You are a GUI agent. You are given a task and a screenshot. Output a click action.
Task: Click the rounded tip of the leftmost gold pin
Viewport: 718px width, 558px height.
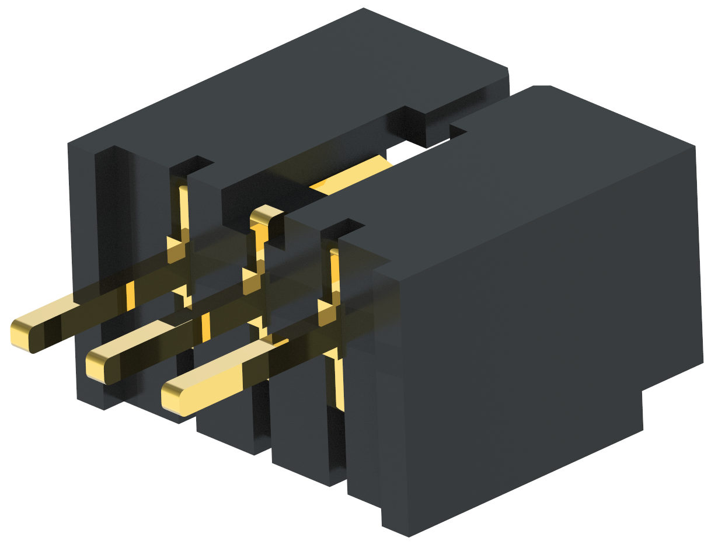coord(20,335)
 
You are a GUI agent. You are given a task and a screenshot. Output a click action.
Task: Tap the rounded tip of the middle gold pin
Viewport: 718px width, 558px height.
coord(96,367)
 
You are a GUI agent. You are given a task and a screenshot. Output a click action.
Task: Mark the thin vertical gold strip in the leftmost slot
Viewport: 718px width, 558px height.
coord(184,210)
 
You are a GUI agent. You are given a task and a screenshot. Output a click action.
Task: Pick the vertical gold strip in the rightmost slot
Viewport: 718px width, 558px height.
coord(335,274)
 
